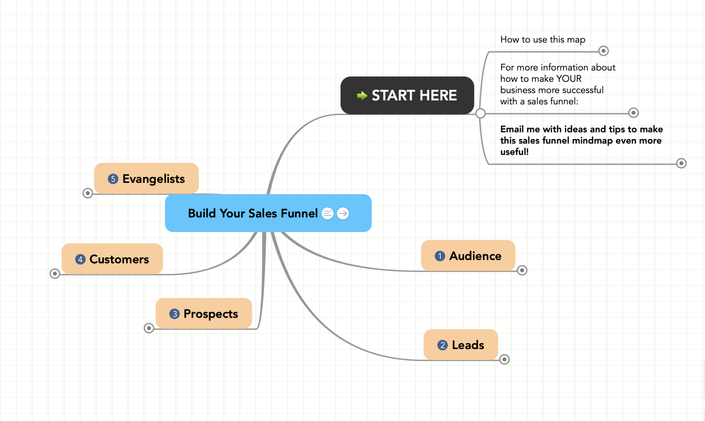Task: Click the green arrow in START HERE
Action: (362, 96)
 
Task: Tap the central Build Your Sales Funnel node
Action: (252, 213)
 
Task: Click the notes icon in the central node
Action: (328, 213)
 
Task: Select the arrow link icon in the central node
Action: (343, 213)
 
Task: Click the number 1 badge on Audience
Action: (440, 256)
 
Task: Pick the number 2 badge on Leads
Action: (443, 345)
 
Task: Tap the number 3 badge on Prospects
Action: (175, 314)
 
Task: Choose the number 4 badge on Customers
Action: (80, 260)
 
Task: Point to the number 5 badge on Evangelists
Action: (113, 179)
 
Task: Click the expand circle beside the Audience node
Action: (522, 270)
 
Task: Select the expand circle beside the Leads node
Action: (505, 359)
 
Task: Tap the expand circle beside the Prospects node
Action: (149, 328)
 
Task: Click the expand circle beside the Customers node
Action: (55, 274)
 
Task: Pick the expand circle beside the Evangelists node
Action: (88, 193)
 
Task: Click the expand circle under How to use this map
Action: (603, 51)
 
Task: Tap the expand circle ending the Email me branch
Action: (681, 163)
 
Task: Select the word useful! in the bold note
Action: (514, 152)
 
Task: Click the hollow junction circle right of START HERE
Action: (480, 114)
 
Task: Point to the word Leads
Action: (468, 345)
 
